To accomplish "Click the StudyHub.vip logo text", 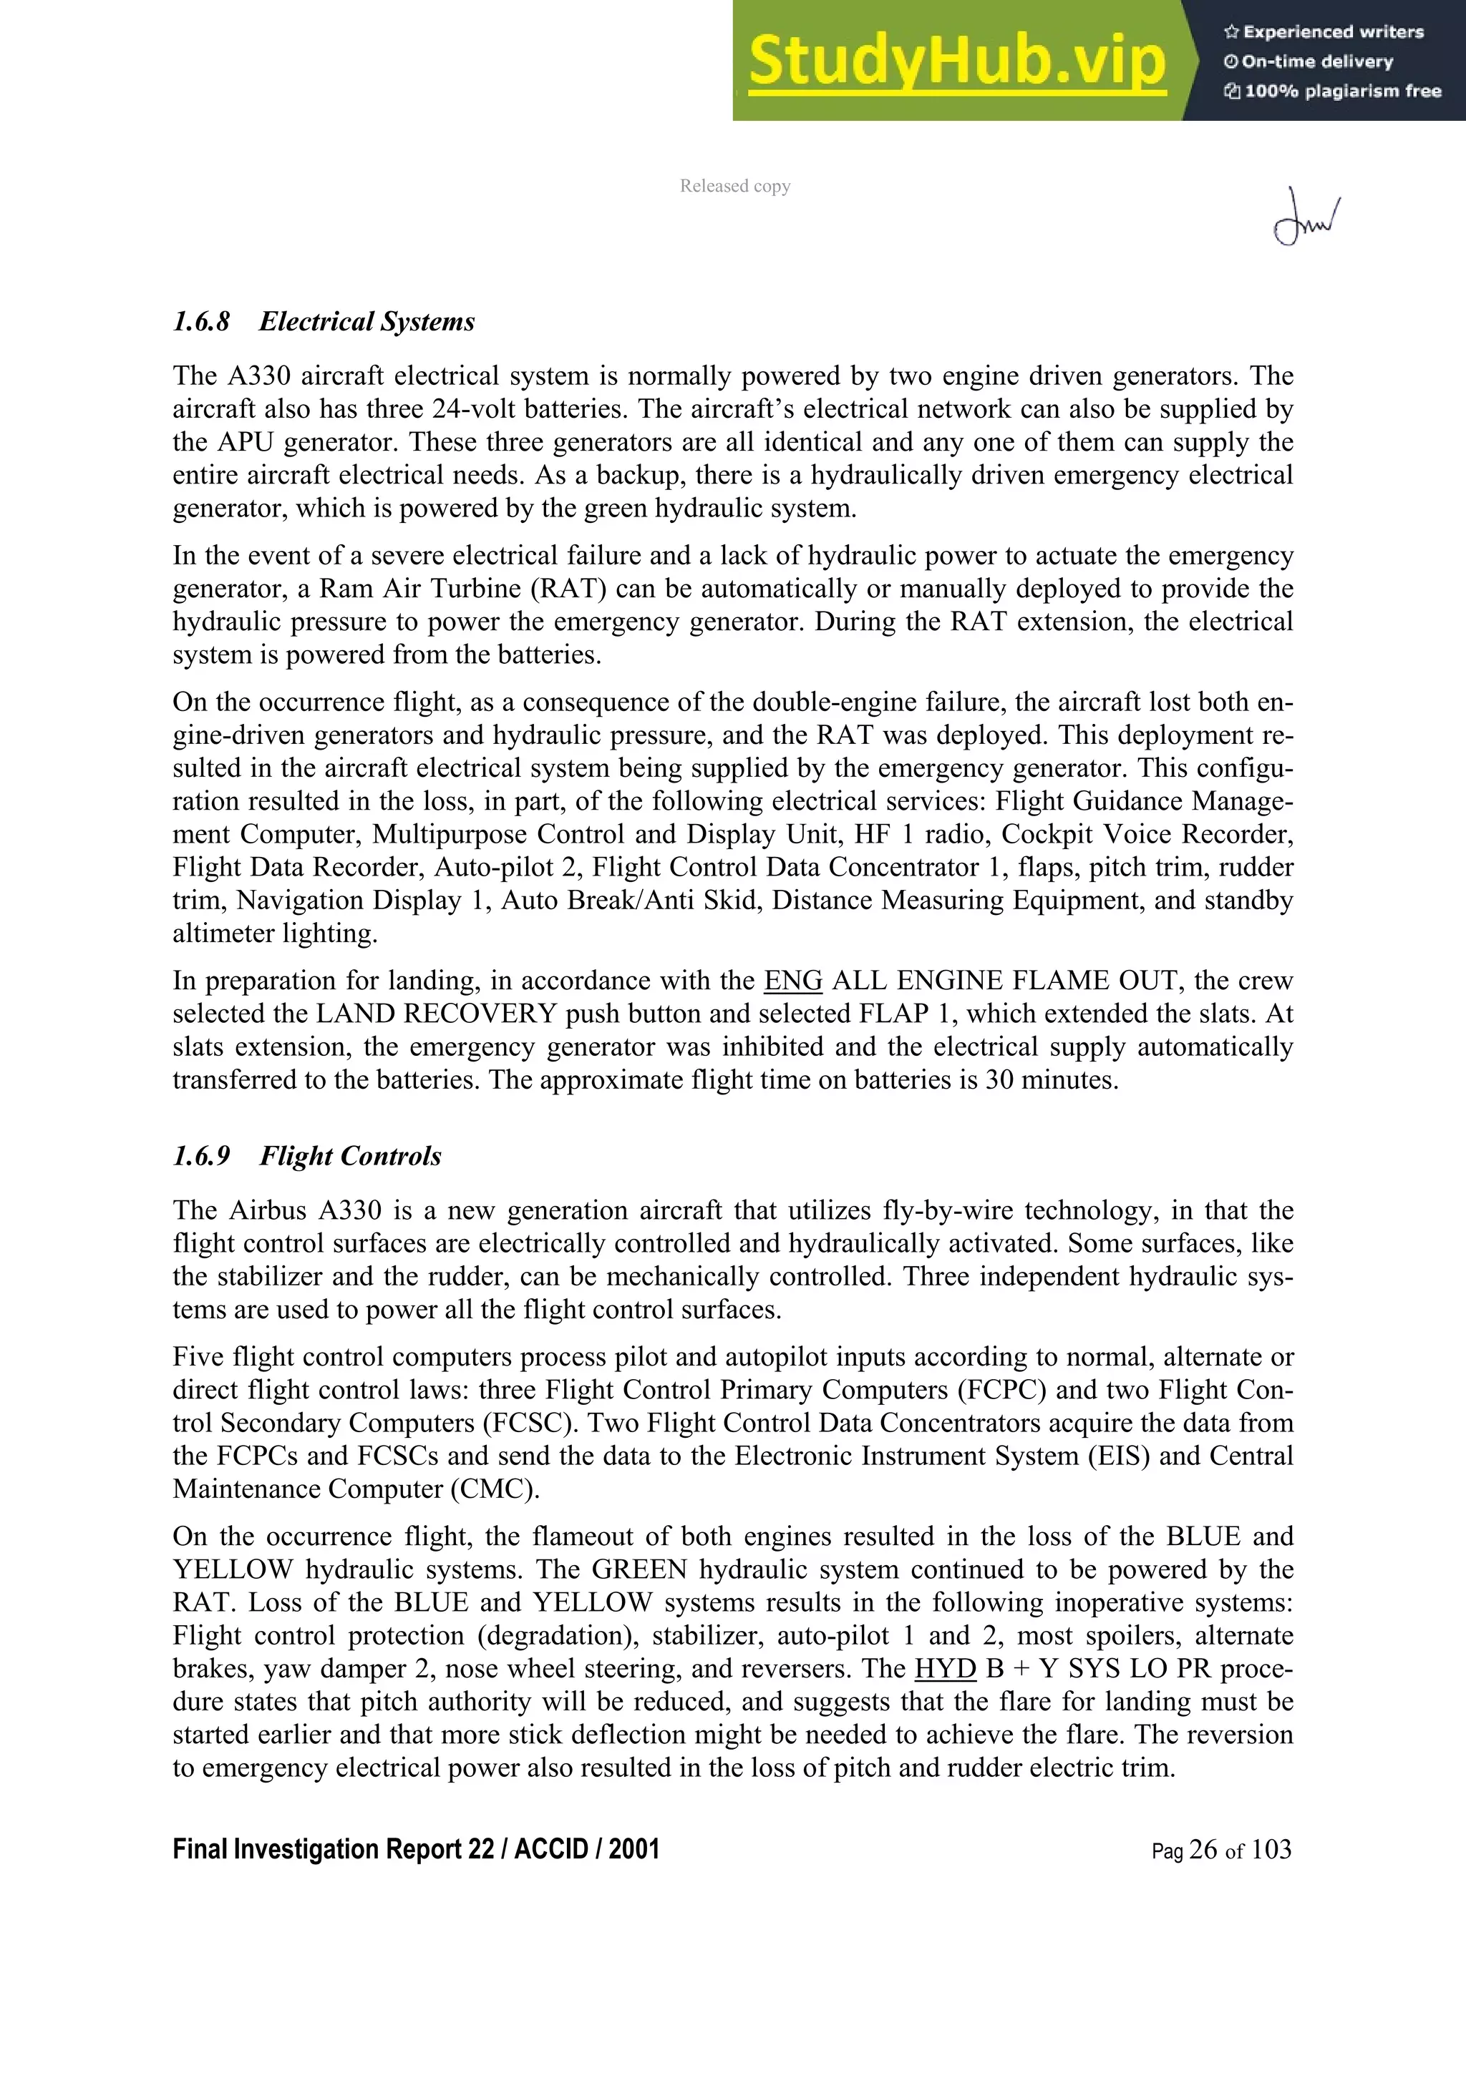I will (x=956, y=62).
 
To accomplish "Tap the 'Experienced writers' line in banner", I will (x=1324, y=32).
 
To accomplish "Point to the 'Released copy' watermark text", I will (x=734, y=186).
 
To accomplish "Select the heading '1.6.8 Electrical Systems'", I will (x=324, y=321).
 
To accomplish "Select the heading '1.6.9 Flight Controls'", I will (x=307, y=1156).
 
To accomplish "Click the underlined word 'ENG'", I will (x=792, y=981).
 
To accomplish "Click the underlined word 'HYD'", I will (x=945, y=1669).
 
